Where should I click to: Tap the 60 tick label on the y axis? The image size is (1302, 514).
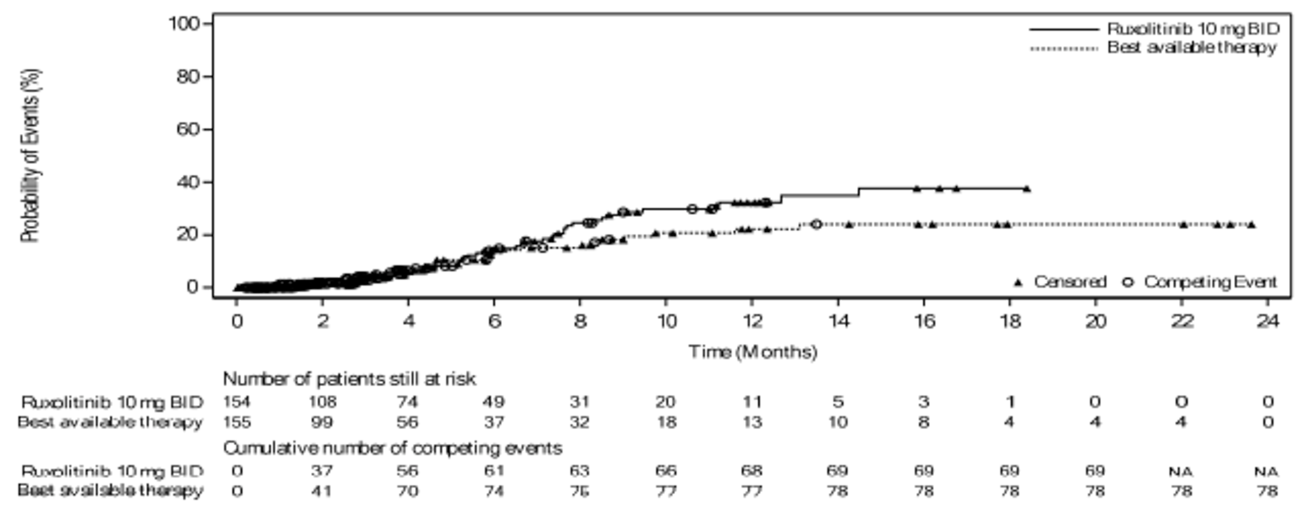[x=188, y=129]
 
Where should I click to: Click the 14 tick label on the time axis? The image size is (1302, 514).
[x=838, y=321]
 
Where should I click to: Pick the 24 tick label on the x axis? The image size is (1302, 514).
[x=1267, y=321]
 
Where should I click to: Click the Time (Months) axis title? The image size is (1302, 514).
[x=752, y=352]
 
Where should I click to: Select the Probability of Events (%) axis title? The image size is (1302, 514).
[x=31, y=155]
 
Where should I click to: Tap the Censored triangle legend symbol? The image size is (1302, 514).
[x=1018, y=282]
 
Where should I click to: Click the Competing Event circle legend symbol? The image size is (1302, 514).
[x=1128, y=282]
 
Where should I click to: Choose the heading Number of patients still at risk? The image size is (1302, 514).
[x=349, y=379]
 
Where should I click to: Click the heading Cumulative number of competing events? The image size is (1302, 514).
[x=392, y=449]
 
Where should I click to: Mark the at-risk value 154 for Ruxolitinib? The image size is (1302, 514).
[x=237, y=402]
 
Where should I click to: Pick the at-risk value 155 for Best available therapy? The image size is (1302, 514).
[x=237, y=422]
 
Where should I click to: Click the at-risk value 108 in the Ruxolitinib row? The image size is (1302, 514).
[x=322, y=402]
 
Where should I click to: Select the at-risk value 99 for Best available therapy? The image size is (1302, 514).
[x=322, y=422]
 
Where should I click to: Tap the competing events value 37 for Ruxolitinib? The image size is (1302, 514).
[x=322, y=471]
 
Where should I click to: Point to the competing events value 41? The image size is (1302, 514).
[x=322, y=491]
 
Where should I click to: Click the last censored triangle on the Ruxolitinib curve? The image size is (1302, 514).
[x=1027, y=189]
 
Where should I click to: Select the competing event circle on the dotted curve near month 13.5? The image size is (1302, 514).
[x=816, y=224]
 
